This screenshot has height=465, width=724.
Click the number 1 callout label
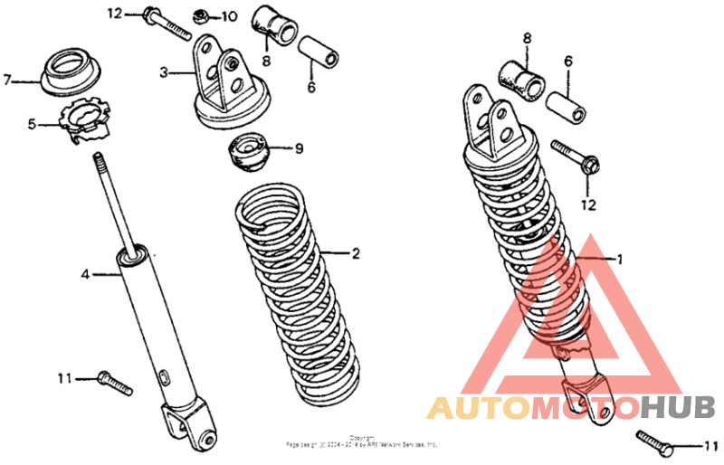click(620, 259)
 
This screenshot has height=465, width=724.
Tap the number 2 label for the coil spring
click(356, 254)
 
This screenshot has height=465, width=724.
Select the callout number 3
click(164, 72)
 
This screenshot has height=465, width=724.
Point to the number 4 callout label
click(86, 272)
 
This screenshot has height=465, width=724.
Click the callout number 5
click(32, 124)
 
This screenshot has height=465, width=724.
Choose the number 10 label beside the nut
click(227, 16)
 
